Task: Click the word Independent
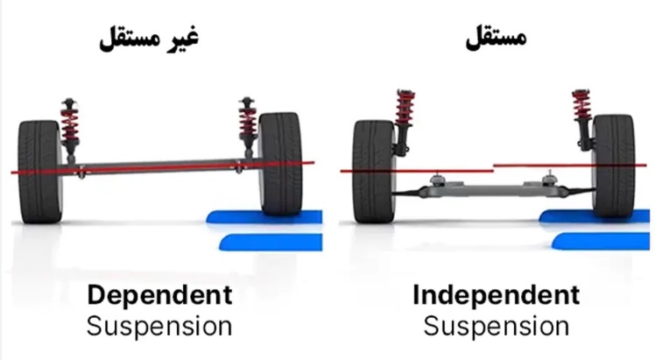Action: (x=496, y=295)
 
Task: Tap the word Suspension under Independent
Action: (x=496, y=327)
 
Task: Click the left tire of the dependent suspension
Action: (x=39, y=172)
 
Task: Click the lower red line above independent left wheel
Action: (x=412, y=172)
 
